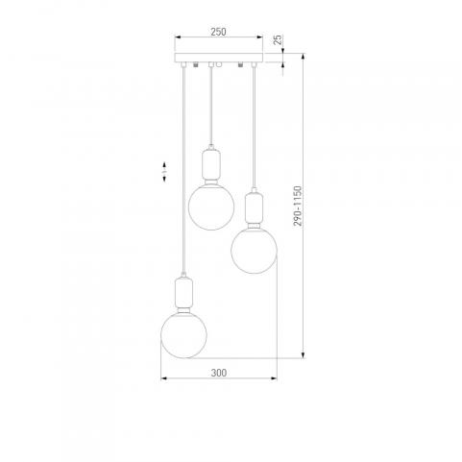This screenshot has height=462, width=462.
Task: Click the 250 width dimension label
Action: [218, 32]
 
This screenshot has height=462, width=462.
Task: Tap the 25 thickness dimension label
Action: [279, 39]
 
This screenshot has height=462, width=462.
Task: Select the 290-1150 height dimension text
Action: [298, 207]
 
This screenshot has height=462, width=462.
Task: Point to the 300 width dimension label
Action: [219, 373]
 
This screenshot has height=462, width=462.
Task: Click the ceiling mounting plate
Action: [218, 58]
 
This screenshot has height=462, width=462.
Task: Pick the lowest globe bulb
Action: [183, 335]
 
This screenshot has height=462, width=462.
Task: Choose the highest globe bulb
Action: [211, 207]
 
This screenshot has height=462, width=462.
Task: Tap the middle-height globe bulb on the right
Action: [254, 251]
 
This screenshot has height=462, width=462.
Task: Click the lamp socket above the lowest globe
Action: [183, 292]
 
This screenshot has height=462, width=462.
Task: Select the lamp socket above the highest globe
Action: [211, 164]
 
